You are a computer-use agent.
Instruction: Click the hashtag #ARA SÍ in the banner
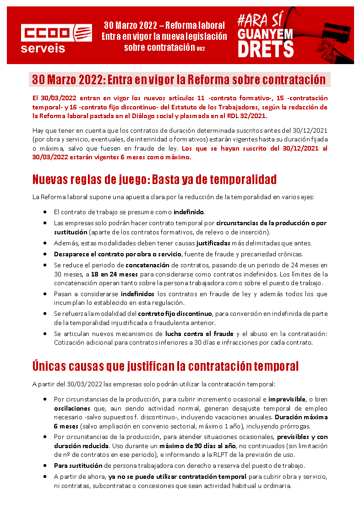pyautogui.click(x=259, y=19)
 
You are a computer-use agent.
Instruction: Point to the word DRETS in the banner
pyautogui.click(x=266, y=48)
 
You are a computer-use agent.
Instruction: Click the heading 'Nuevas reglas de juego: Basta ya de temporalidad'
pyautogui.click(x=154, y=179)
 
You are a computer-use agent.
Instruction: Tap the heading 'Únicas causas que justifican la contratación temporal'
pyautogui.click(x=165, y=366)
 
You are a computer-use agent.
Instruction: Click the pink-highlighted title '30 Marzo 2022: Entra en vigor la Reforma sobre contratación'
pyautogui.click(x=179, y=80)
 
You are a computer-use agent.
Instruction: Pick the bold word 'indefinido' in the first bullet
pyautogui.click(x=188, y=212)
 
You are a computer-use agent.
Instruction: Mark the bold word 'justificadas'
pyautogui.click(x=213, y=243)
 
